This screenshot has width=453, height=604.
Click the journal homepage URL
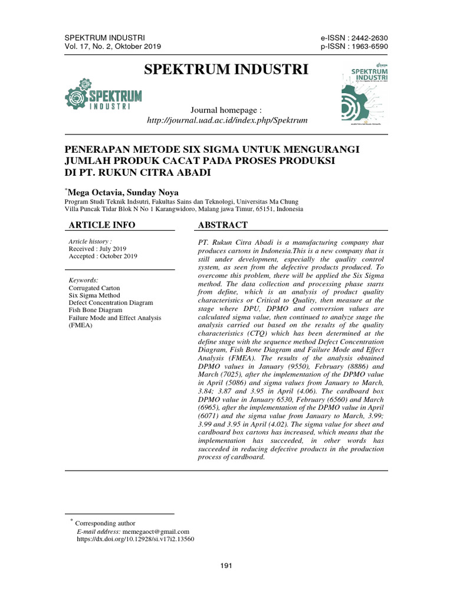pyautogui.click(x=227, y=120)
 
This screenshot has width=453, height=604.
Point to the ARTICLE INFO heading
pyautogui.click(x=102, y=225)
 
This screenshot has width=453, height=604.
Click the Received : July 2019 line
pyautogui.click(x=97, y=249)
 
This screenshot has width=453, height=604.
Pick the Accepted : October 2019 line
pyautogui.click(x=103, y=256)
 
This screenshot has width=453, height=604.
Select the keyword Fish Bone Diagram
pyautogui.click(x=96, y=310)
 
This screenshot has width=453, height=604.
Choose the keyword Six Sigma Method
pyautogui.click(x=94, y=295)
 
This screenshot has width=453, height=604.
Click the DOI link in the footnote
pyautogui.click(x=136, y=539)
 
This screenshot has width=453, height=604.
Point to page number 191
pyautogui.click(x=226, y=566)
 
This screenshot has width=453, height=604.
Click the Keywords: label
pyautogui.click(x=84, y=280)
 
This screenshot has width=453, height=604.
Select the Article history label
pyautogui.click(x=90, y=242)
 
